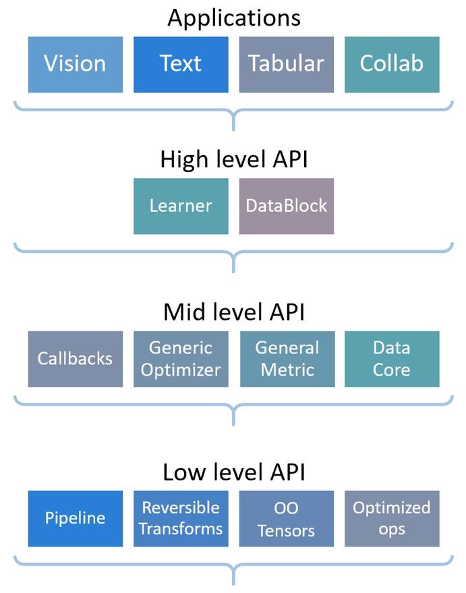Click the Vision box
point(76,64)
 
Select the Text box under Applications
point(181,64)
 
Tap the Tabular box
point(286,64)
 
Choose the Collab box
point(392,64)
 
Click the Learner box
point(181,206)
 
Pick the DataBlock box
point(286,206)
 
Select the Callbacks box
point(76,359)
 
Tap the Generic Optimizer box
point(181,359)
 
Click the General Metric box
point(286,359)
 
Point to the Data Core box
point(392,359)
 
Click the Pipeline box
point(76,518)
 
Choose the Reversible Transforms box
point(181,518)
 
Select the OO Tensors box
point(286,518)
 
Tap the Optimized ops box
point(392,518)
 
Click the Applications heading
point(233,18)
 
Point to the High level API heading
point(233,160)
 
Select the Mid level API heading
point(233,312)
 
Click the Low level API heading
point(233,472)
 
